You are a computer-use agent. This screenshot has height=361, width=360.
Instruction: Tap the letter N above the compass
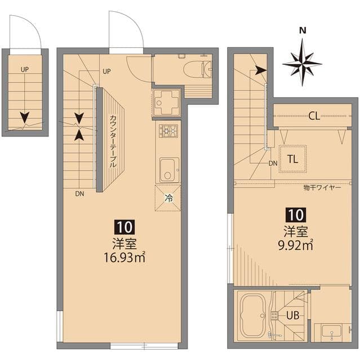(303, 30)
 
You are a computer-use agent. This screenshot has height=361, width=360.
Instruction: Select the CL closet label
(314, 117)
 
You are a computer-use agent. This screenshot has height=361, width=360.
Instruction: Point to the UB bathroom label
(292, 315)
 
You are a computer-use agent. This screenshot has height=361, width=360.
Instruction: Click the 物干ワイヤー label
(322, 187)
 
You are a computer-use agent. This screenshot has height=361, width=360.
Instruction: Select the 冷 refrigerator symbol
(167, 198)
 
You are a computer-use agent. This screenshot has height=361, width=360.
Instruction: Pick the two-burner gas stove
(167, 131)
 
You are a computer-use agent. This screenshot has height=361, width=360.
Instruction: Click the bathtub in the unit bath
(254, 315)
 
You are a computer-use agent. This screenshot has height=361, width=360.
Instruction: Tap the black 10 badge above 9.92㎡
(296, 214)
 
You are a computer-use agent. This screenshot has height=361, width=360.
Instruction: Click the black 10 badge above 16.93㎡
(125, 227)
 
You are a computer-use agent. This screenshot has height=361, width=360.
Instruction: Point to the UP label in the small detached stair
(25, 69)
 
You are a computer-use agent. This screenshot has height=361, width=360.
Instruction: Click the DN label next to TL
(273, 164)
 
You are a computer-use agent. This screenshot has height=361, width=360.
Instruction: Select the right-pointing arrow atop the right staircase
(260, 71)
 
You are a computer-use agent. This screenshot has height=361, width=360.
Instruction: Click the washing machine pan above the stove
(166, 103)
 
